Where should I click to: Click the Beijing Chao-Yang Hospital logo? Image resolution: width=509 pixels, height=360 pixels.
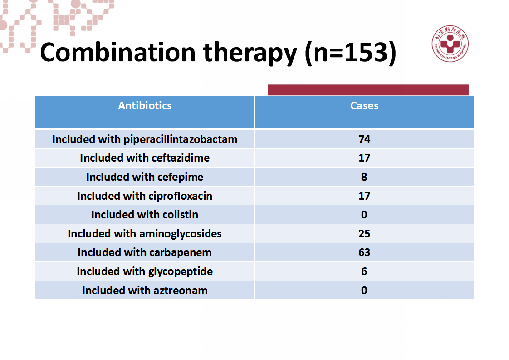click(450, 44)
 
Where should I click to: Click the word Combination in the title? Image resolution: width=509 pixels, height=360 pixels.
click(117, 52)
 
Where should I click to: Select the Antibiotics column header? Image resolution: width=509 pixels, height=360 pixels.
click(145, 106)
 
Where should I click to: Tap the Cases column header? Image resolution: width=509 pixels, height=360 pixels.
click(364, 106)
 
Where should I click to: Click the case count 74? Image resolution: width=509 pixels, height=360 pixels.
click(364, 139)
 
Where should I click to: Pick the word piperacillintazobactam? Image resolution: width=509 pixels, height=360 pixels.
click(181, 139)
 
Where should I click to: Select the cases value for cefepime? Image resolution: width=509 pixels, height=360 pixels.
click(364, 177)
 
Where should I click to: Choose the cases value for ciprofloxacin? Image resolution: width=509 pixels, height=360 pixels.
click(364, 196)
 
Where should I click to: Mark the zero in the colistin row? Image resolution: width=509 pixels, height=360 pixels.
click(364, 215)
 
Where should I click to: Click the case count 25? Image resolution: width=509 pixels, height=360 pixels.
click(364, 234)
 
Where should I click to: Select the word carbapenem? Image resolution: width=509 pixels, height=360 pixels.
click(180, 252)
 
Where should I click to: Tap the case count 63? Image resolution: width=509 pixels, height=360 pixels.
click(364, 252)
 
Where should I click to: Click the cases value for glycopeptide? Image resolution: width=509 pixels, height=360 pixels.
click(364, 271)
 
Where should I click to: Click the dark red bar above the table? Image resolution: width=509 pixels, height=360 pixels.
click(368, 90)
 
